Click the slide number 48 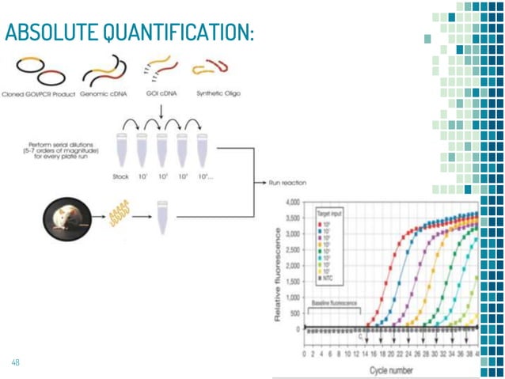15,362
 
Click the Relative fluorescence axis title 276,265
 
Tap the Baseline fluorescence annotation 335,303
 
